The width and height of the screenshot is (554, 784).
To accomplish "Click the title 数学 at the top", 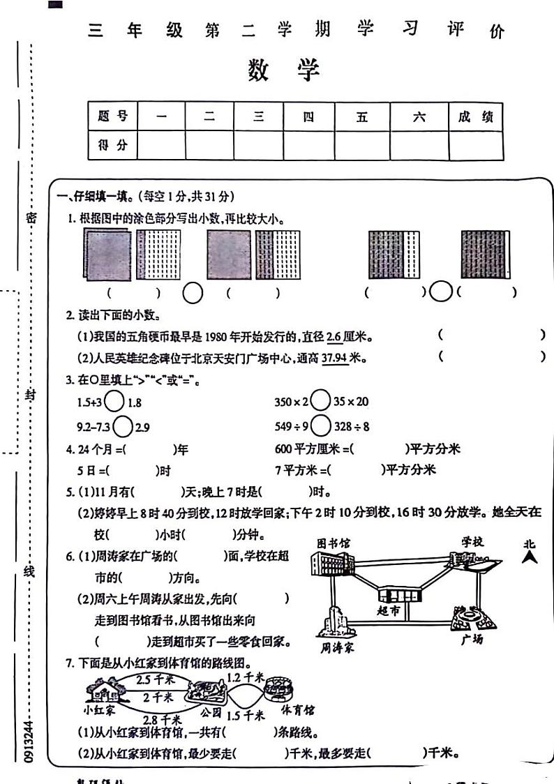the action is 283,70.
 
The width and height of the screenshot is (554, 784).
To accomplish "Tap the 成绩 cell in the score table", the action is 475,116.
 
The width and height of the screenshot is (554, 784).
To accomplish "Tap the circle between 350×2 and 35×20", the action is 320,401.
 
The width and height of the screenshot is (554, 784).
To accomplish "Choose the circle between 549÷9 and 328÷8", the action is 320,425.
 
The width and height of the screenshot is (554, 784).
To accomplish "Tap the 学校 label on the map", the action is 472,541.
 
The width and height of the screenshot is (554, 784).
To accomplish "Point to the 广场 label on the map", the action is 472,638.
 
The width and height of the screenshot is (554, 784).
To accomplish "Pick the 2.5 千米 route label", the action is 154,679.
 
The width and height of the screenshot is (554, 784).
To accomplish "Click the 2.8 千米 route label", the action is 162,719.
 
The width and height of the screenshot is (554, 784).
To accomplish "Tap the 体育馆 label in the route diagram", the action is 297,710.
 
